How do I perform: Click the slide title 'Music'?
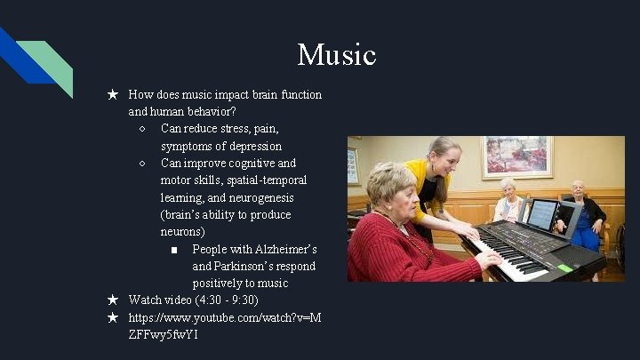tap(337, 55)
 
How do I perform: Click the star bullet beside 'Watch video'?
tap(113, 300)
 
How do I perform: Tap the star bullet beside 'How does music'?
tap(113, 94)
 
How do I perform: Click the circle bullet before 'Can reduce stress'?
tap(143, 129)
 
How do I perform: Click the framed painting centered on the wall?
tap(516, 156)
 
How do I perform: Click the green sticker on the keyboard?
tap(564, 267)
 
